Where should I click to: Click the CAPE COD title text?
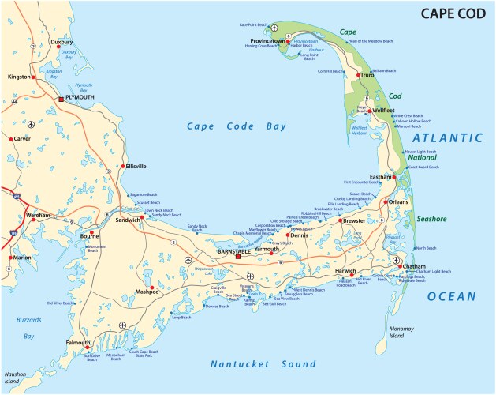point(448,13)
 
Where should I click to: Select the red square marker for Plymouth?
point(61,99)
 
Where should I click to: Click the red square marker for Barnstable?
point(237,256)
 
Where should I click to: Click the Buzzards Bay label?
point(28,328)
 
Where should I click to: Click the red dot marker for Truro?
point(357,74)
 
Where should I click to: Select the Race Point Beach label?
point(254,24)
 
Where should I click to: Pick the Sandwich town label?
point(129,220)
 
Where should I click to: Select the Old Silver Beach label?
point(60,303)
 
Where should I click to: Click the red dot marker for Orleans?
point(385,202)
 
